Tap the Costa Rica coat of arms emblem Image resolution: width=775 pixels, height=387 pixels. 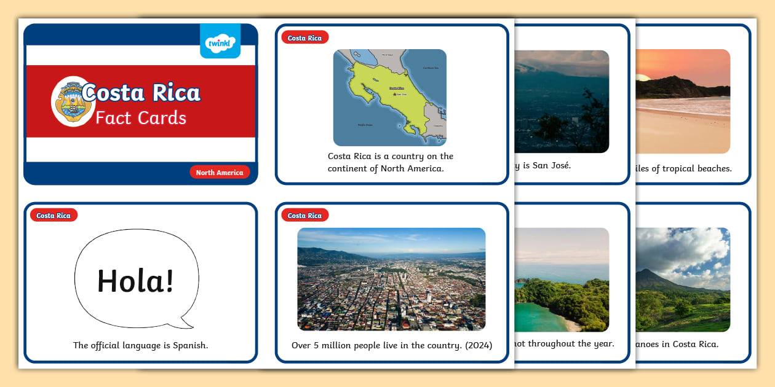click(x=73, y=101)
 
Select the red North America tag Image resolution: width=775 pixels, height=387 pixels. click(x=220, y=173)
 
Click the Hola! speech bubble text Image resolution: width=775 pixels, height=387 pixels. click(x=136, y=281)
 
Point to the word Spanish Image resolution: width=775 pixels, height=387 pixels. click(x=189, y=345)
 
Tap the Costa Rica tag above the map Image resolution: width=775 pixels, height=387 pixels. click(x=304, y=38)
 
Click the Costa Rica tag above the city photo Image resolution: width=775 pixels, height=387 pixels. click(x=304, y=216)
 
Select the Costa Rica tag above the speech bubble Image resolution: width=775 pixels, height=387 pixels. click(x=54, y=216)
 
